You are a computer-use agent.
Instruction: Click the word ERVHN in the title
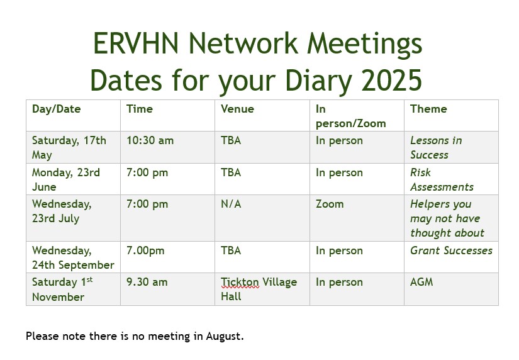pos(136,43)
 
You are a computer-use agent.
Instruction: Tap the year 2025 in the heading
pos(391,81)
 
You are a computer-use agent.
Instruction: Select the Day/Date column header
pos(56,109)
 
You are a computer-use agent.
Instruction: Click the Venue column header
pos(237,109)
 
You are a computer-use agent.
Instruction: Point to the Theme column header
pos(428,109)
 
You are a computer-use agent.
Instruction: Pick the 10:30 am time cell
pos(150,140)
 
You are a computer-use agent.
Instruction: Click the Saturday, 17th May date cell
pos(69,147)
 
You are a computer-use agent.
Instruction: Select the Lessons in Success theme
pos(436,147)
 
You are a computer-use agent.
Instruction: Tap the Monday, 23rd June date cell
pos(66,179)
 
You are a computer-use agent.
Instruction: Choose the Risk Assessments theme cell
pos(442,179)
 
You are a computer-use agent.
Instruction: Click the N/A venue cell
pos(231,204)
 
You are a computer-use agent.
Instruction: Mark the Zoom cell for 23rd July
pos(330,204)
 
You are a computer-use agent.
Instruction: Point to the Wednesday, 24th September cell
pos(73,257)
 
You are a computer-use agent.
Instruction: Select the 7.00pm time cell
pos(145,250)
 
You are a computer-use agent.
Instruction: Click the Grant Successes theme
pos(451,250)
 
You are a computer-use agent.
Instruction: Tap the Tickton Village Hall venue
pos(259,289)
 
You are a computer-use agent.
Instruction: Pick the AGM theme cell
pos(421,282)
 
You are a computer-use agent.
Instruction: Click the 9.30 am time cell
pos(147,282)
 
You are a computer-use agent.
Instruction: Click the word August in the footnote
pos(225,337)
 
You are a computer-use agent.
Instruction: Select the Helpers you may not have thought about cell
pos(447,218)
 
